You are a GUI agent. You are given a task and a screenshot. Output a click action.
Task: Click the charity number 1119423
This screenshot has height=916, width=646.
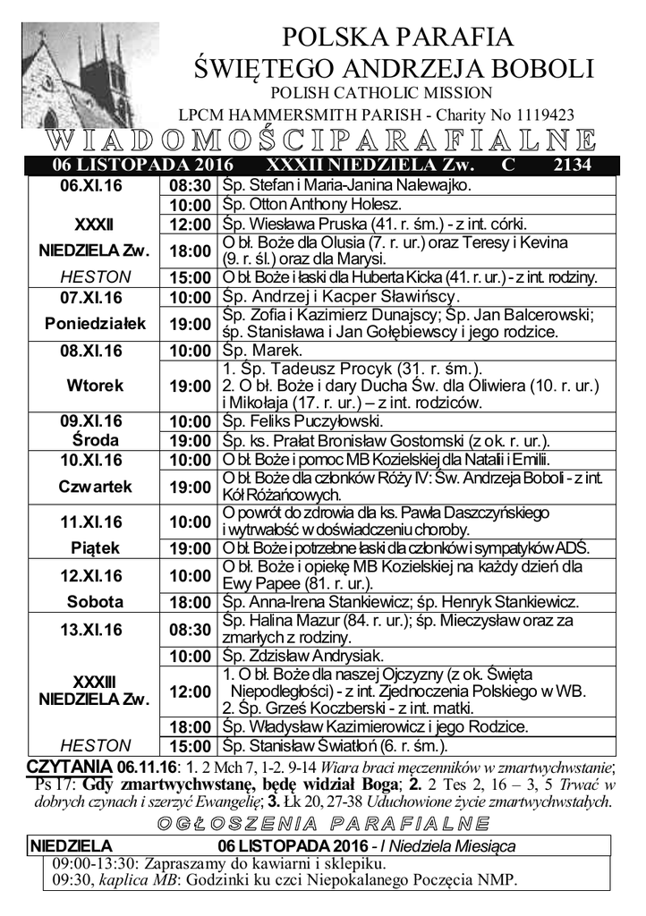pos(539,114)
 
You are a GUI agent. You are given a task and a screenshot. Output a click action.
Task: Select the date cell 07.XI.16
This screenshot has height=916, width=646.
pos(91,296)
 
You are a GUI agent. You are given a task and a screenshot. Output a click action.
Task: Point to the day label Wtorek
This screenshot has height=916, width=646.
pos(91,386)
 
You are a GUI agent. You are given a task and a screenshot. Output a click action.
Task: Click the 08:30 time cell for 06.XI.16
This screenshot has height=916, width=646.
pos(190,186)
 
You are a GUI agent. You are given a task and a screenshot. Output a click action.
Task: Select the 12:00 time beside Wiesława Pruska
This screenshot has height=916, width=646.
pos(190,224)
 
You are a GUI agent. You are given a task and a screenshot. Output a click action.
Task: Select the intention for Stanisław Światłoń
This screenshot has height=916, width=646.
pos(335,745)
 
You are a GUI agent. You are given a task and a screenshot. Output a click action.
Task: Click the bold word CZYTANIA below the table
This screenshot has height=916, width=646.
pos(70,767)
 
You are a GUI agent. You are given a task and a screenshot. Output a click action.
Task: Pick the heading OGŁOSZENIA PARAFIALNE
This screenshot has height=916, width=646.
pos(322,823)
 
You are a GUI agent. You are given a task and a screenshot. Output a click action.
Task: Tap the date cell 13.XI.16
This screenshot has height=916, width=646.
pos(91,630)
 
